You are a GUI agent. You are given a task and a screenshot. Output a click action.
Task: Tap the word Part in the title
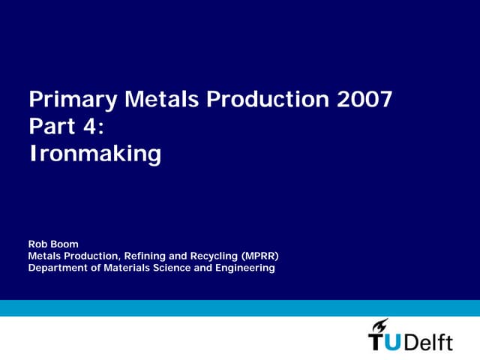tap(50, 127)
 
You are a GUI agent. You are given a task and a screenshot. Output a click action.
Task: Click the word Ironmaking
tap(94, 154)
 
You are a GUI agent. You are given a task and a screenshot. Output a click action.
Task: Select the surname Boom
tap(65, 244)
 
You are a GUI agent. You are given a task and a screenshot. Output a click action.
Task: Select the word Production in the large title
tap(262, 100)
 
